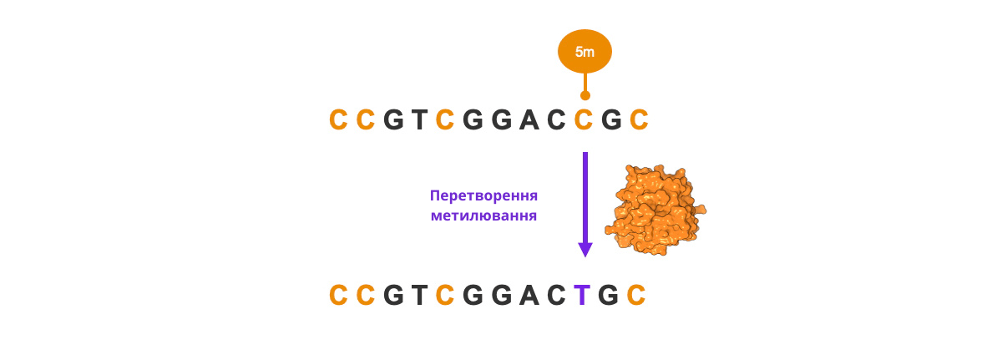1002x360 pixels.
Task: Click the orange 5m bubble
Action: pyautogui.click(x=584, y=52)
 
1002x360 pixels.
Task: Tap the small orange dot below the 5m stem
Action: pyautogui.click(x=585, y=95)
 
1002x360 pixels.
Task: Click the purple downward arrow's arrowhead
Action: pyautogui.click(x=585, y=250)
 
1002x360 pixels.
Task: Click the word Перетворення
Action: pyautogui.click(x=483, y=195)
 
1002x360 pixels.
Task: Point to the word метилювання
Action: pyautogui.click(x=483, y=215)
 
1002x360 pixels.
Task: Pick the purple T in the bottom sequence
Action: pyautogui.click(x=581, y=295)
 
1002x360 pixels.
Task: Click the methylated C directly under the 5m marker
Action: pyautogui.click(x=584, y=119)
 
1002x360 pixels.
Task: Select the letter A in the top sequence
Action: pyautogui.click(x=529, y=119)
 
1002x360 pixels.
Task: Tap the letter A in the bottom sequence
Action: pyautogui.click(x=529, y=295)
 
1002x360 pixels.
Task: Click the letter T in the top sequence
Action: pyautogui.click(x=419, y=119)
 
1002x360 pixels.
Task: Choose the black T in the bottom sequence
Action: pyautogui.click(x=419, y=295)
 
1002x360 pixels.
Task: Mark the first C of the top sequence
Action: pyautogui.click(x=338, y=119)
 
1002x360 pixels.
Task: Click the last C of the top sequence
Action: pyautogui.click(x=639, y=119)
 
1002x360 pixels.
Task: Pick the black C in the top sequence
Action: pyautogui.click(x=556, y=119)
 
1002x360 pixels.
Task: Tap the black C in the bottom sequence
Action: pyautogui.click(x=556, y=295)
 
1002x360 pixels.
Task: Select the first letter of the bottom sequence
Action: pyautogui.click(x=338, y=295)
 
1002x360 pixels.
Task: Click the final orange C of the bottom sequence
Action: pyautogui.click(x=636, y=295)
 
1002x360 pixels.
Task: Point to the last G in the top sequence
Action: pyautogui.click(x=611, y=119)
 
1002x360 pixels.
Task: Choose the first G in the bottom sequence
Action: pyautogui.click(x=393, y=295)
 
